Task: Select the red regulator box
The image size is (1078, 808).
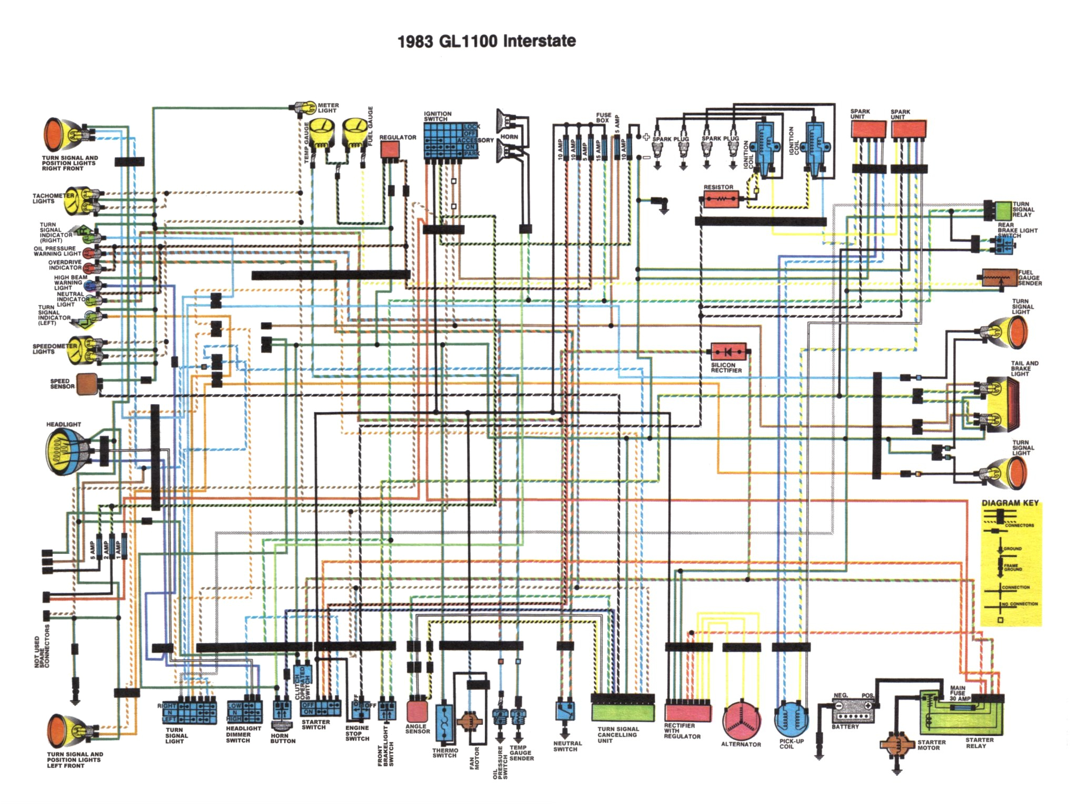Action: pos(390,149)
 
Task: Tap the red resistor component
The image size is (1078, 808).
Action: pos(720,199)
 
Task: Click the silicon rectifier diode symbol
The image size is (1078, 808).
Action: pos(728,351)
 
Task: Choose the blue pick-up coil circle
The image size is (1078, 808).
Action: pos(791,719)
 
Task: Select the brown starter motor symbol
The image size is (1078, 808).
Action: pos(897,744)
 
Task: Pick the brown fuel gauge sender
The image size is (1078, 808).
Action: pos(999,278)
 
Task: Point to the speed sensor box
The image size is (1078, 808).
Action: pos(87,383)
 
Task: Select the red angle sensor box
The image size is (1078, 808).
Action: pos(417,711)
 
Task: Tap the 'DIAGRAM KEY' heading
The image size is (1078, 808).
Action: pos(1010,503)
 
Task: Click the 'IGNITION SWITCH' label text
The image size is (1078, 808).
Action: pos(437,116)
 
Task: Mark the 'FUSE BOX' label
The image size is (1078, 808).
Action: pos(603,117)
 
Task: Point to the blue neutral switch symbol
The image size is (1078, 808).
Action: pos(565,711)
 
